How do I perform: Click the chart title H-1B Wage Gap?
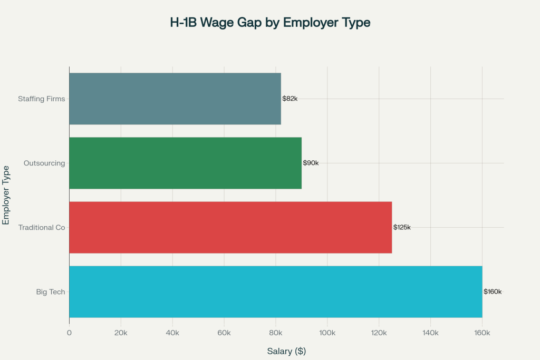[270, 23]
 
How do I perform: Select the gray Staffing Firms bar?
[175, 99]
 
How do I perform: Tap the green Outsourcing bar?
[185, 163]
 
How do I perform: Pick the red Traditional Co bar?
[230, 227]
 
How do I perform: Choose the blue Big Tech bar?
[275, 291]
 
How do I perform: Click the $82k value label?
[290, 99]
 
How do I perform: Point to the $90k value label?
[311, 163]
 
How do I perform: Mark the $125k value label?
[402, 227]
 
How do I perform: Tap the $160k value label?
[493, 291]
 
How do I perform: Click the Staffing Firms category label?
[42, 99]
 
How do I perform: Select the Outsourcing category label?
[44, 163]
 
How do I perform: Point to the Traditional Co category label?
[42, 227]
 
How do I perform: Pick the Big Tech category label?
[51, 291]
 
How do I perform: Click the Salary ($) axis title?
[286, 351]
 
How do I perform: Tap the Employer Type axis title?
[6, 195]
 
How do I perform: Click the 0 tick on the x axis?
[69, 333]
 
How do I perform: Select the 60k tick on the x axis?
[224, 333]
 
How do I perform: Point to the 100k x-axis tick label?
[327, 333]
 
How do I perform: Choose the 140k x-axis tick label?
[430, 333]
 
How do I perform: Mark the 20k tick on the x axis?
[121, 333]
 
